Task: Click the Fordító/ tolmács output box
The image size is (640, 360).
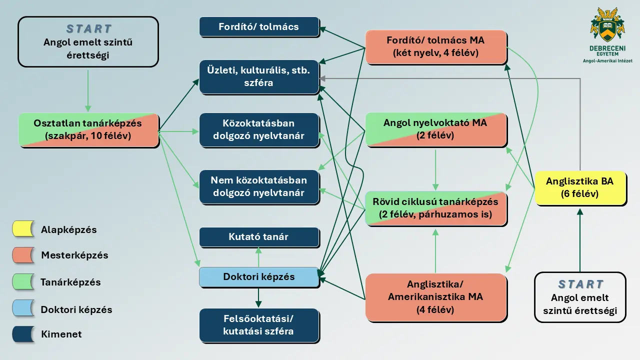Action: pyautogui.click(x=259, y=26)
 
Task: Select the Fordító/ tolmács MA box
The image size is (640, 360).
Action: pyautogui.click(x=435, y=46)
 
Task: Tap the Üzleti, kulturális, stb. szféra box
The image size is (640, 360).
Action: pyautogui.click(x=259, y=76)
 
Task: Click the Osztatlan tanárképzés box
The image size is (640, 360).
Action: pyautogui.click(x=88, y=129)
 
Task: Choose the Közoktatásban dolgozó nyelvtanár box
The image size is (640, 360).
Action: pyautogui.click(x=259, y=129)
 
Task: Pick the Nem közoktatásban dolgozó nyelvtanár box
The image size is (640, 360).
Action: pyautogui.click(x=259, y=186)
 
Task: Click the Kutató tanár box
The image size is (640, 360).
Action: pyautogui.click(x=259, y=237)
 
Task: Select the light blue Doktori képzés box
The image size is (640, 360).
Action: pyautogui.click(x=259, y=277)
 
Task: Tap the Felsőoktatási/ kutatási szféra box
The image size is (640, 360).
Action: pyautogui.click(x=259, y=325)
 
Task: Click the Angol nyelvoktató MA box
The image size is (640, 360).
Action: pyautogui.click(x=435, y=129)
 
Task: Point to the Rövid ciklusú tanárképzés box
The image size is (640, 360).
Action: pyautogui.click(x=435, y=208)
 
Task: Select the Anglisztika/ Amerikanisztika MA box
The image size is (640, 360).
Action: pyautogui.click(x=435, y=297)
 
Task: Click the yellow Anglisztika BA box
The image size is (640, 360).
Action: pyautogui.click(x=580, y=187)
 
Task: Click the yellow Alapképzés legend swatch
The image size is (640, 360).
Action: pyautogui.click(x=23, y=229)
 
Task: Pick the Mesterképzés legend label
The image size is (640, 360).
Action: pyautogui.click(x=74, y=255)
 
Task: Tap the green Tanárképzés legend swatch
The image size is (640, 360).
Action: pyautogui.click(x=23, y=282)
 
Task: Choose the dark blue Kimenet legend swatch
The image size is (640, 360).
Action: pyautogui.click(x=23, y=334)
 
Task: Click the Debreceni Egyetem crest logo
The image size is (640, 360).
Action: pyautogui.click(x=607, y=24)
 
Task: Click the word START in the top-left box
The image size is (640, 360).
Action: pyautogui.click(x=88, y=29)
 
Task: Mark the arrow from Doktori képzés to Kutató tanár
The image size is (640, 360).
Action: pyautogui.click(x=258, y=257)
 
